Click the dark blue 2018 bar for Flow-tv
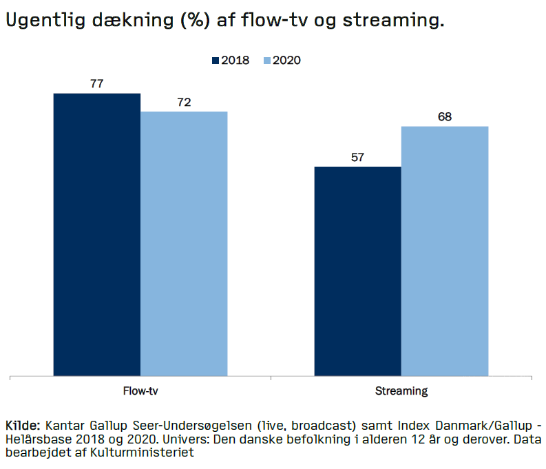tap(96, 234)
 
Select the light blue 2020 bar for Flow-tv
tap(184, 244)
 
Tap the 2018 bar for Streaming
tap(357, 271)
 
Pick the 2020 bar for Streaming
tap(445, 251)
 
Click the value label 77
tap(96, 84)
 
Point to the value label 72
tap(184, 103)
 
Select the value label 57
tap(357, 157)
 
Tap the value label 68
tap(445, 117)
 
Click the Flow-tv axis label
tap(140, 391)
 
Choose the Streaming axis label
tap(401, 391)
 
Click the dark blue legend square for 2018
tap(215, 61)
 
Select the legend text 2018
tap(235, 61)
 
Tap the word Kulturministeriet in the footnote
tap(154, 452)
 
